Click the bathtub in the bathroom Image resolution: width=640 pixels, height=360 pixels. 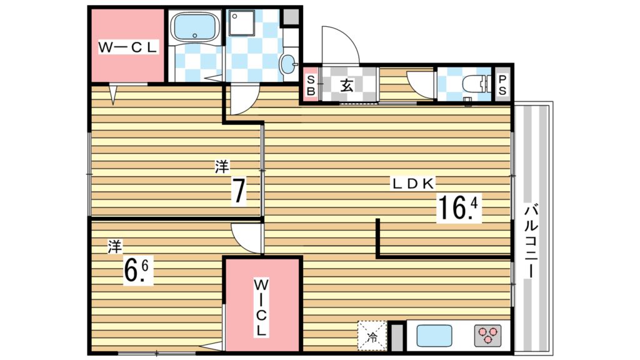194,26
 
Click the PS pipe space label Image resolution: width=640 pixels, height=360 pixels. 502,84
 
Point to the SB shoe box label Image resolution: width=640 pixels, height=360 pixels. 310,84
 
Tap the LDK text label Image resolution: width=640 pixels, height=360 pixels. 413,184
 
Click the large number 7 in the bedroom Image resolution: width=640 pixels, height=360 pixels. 238,192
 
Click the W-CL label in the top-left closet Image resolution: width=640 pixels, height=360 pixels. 128,47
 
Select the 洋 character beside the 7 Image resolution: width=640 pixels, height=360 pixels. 222,167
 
